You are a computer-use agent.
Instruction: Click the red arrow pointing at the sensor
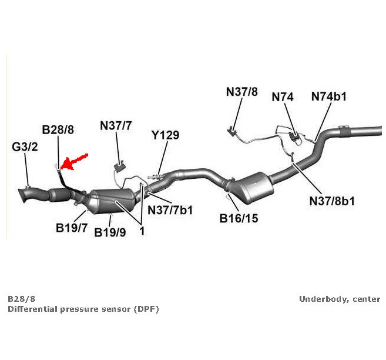click(x=75, y=161)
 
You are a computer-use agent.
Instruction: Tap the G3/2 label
click(x=25, y=146)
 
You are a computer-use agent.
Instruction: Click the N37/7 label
click(x=116, y=125)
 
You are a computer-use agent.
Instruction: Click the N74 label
click(x=283, y=96)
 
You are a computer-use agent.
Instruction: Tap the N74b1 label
click(x=328, y=96)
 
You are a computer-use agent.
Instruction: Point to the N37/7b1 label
click(x=170, y=209)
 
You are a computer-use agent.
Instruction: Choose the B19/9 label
click(x=110, y=232)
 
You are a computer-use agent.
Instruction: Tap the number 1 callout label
click(x=142, y=231)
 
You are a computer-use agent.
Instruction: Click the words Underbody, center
click(x=340, y=299)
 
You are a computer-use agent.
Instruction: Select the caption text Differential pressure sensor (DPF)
click(x=83, y=309)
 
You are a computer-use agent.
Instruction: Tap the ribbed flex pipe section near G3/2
click(x=58, y=194)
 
